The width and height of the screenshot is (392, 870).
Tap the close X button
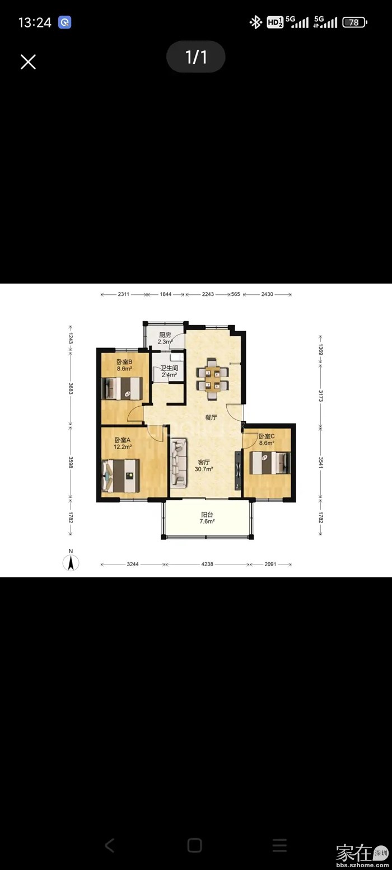pos(28,62)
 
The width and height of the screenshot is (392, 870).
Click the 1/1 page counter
pos(195,57)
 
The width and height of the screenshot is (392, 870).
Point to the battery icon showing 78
pos(354,22)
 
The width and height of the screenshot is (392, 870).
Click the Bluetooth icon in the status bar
pos(255,22)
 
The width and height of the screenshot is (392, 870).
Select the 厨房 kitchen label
pos(165,335)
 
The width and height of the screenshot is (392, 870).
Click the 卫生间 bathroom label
pos(170,368)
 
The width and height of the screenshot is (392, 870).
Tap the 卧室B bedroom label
pos(124,362)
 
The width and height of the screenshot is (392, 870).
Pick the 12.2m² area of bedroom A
pos(123,446)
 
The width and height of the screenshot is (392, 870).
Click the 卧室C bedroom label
pos(267,436)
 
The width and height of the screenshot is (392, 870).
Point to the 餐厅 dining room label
pos(211,417)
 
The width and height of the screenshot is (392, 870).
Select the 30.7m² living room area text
pos(204,469)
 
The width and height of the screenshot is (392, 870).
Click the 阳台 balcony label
pos(207,515)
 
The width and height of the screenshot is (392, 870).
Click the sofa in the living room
pos(179,463)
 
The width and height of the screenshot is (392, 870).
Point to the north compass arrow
pos(71,562)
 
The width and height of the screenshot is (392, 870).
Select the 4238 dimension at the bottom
pos(207,564)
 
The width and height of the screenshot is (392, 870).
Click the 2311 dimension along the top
pos(123,294)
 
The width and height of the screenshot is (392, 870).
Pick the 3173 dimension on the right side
pos(321,396)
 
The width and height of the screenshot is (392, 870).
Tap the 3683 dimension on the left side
pos(71,388)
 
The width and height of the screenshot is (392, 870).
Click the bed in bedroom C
pos(270,463)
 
